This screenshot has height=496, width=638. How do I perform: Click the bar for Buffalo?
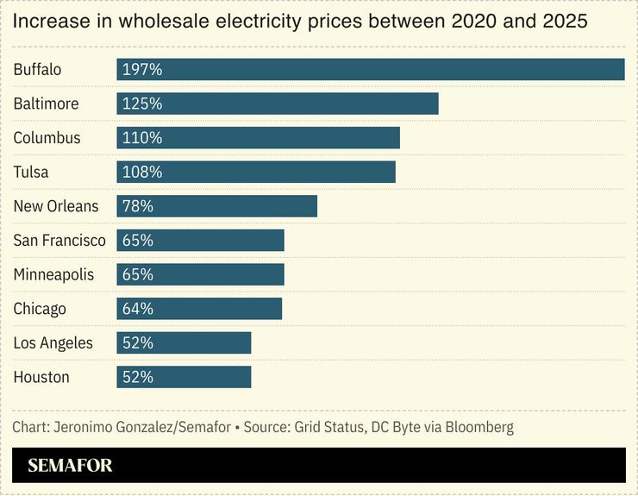pos(371,69)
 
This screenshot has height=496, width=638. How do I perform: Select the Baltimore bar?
pos(278,104)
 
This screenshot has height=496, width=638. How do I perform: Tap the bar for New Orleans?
pos(217,206)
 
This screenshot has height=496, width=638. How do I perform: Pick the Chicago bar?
pos(199,309)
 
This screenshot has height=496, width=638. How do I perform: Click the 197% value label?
pos(142,69)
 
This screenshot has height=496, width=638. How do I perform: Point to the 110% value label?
pos(142,138)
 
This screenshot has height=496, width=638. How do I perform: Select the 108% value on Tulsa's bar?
pos(142,172)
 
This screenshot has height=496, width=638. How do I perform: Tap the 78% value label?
pos(138,206)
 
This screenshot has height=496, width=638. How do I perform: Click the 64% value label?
pos(138,309)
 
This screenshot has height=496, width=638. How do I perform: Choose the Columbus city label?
pos(47,138)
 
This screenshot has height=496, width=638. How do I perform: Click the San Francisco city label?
pos(59,241)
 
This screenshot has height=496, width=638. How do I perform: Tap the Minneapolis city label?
pos(53,274)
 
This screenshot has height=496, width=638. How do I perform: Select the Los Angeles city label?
pos(53,343)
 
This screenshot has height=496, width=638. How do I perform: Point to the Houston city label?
pos(41,377)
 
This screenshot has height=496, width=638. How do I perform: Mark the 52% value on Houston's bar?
pos(138,377)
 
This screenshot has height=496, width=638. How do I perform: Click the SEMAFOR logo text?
pos(70,466)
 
